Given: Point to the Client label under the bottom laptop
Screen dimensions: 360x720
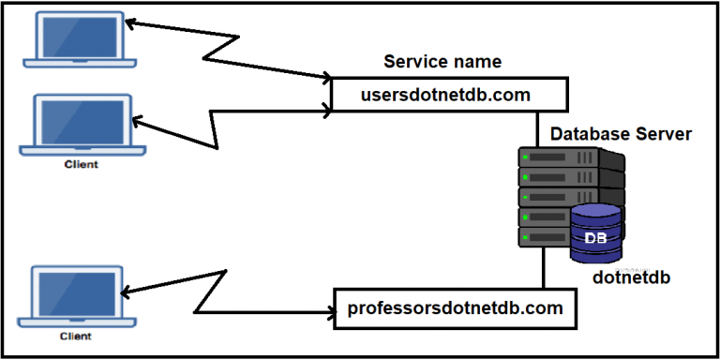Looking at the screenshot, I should [x=79, y=335].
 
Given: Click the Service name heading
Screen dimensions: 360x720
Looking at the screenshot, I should [x=442, y=63].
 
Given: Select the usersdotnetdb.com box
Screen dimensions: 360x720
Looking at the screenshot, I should [x=449, y=95].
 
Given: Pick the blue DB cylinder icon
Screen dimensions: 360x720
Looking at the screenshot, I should [x=595, y=233].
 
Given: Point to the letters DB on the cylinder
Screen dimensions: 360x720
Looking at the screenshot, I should [x=595, y=238].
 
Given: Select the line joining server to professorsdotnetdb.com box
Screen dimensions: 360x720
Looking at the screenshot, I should [x=543, y=272].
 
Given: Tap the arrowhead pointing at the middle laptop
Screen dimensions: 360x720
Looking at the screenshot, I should [x=138, y=121].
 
